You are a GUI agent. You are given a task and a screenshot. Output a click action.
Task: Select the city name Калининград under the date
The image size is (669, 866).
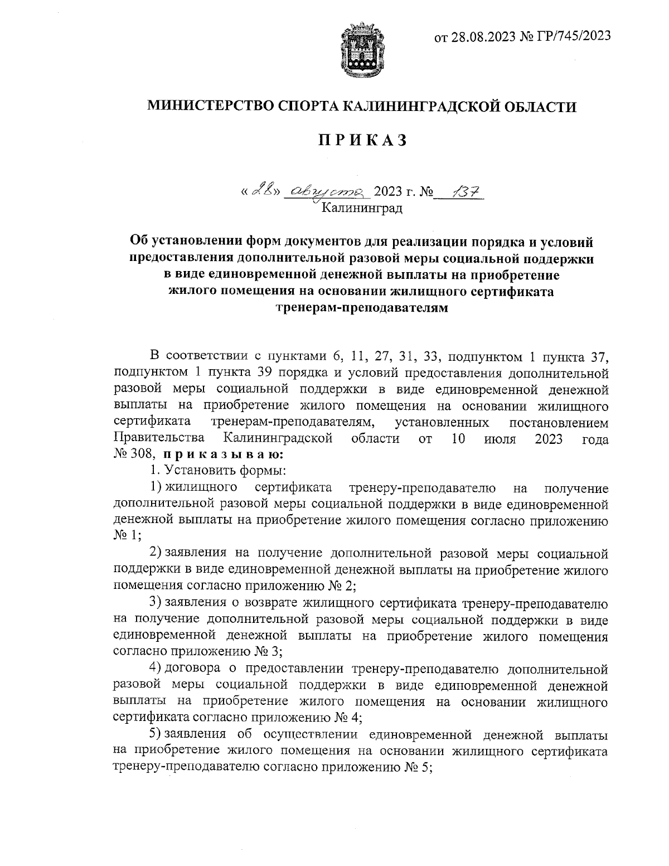click(362, 209)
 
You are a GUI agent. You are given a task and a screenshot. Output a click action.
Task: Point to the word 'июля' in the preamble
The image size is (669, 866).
click(501, 438)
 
